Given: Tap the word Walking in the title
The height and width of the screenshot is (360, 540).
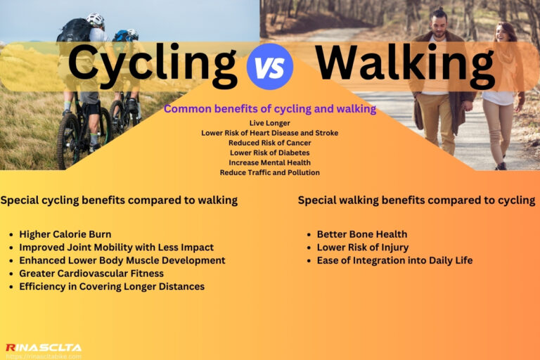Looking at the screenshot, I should (x=404, y=65).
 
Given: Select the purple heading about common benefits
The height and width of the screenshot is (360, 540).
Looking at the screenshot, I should (x=270, y=109).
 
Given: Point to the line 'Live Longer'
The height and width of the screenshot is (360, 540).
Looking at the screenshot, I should (x=269, y=123).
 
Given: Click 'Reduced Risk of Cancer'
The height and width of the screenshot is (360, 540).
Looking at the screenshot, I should (x=269, y=143).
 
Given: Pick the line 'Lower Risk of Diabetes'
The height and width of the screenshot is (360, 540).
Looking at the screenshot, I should (x=269, y=153).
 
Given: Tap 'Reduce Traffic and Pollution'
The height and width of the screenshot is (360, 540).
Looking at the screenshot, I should (x=269, y=172).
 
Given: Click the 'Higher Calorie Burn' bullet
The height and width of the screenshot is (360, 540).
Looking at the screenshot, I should (x=65, y=234).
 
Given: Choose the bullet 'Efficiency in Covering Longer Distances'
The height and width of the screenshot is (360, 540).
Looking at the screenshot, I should (x=112, y=286).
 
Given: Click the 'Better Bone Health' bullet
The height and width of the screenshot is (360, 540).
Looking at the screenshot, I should (x=361, y=234).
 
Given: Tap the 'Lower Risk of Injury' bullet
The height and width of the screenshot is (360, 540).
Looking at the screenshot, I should (x=362, y=247).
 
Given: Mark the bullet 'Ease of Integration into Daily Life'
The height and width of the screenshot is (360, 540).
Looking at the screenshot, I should (x=394, y=260).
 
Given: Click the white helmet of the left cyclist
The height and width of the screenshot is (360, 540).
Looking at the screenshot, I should (x=95, y=20).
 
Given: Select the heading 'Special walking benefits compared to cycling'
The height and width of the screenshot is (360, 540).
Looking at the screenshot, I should (x=416, y=200).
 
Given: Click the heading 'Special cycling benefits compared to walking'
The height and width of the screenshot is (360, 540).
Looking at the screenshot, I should (x=119, y=200).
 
